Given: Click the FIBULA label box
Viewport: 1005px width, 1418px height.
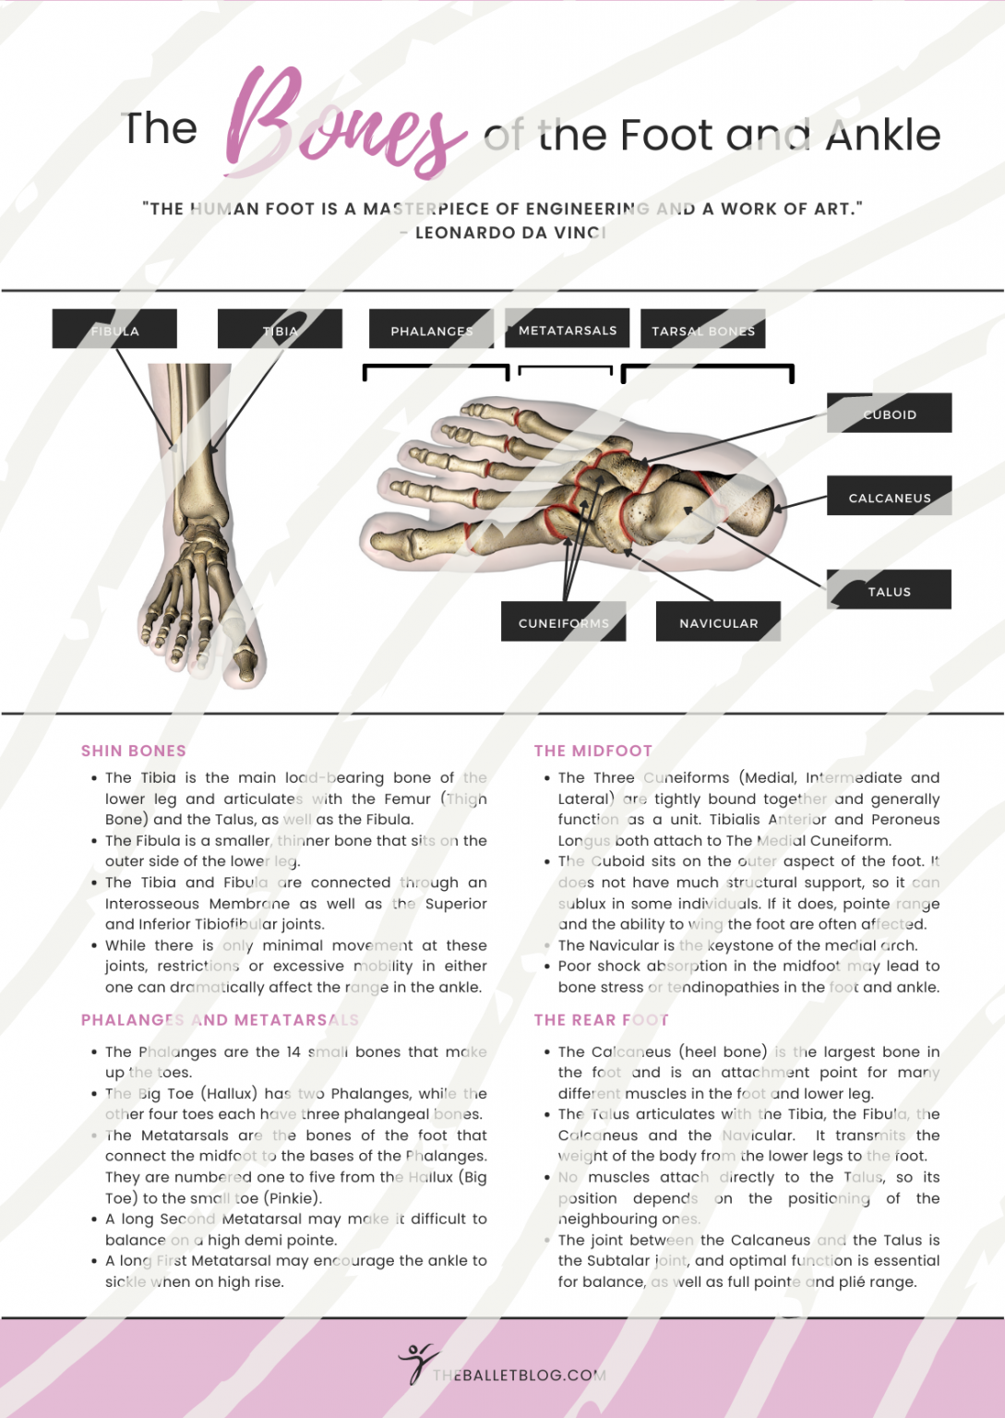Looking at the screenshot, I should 114,330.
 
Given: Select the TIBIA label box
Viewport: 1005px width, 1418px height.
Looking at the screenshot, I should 280,330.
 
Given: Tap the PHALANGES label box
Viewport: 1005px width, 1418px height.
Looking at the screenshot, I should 431,330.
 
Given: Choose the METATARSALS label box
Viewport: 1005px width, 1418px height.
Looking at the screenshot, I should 567,329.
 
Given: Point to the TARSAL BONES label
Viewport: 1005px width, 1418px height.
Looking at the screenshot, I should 702,330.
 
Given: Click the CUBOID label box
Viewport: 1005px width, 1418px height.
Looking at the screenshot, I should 889,414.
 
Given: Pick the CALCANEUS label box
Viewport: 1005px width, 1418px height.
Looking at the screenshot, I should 889,497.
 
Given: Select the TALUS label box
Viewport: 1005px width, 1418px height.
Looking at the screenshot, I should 889,590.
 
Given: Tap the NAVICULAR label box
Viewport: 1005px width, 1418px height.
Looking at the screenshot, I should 718,622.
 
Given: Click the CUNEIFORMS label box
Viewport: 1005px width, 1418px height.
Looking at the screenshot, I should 563,622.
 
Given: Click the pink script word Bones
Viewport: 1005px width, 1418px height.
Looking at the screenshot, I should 341,125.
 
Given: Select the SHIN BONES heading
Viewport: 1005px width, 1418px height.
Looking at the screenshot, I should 134,751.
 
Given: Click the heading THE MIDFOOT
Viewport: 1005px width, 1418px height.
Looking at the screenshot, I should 593,751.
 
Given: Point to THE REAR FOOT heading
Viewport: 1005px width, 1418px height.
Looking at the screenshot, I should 601,1019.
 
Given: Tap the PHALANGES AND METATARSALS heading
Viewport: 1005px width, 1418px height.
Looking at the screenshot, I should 220,1019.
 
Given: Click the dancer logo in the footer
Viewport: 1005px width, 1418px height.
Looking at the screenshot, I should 417,1363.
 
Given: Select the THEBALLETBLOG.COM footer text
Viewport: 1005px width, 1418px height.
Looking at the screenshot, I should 519,1375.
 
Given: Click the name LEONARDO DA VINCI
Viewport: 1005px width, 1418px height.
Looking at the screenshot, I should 510,233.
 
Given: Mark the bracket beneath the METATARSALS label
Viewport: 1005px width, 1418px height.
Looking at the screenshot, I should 566,369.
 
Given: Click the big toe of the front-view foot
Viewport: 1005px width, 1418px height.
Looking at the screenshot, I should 244,663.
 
